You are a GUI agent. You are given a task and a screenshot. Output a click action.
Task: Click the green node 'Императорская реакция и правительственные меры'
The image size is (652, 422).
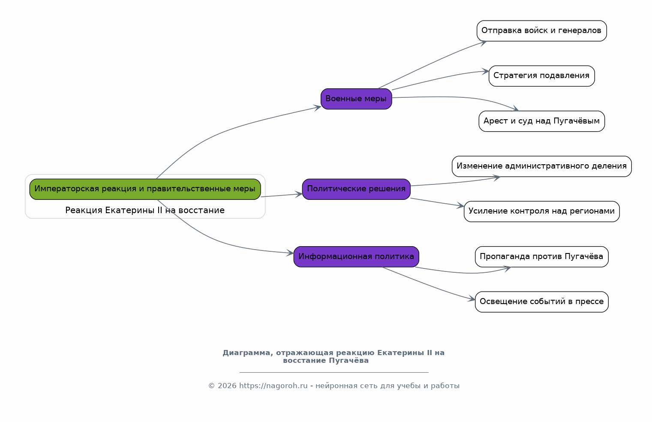(145, 189)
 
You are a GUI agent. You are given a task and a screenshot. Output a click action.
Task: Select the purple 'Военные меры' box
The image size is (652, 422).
(356, 99)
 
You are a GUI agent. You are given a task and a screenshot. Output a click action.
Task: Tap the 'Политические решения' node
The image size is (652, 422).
(356, 189)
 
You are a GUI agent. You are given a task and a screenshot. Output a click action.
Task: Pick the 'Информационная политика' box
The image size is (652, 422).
(356, 256)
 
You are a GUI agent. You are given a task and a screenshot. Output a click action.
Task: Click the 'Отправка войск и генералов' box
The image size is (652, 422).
(542, 31)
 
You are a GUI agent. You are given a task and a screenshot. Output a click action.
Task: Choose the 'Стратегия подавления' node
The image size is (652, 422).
(542, 76)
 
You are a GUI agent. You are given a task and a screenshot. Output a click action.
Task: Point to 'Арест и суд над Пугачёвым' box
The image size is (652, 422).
(542, 121)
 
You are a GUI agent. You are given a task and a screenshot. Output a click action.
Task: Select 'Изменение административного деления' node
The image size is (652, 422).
(542, 166)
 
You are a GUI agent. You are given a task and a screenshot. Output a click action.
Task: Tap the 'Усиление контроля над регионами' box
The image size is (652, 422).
(542, 211)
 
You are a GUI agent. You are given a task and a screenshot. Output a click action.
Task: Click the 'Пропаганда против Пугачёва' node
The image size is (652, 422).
(542, 256)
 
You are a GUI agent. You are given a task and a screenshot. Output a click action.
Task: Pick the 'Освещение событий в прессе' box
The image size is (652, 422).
(542, 302)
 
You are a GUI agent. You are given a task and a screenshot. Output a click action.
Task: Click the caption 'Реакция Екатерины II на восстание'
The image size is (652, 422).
(145, 210)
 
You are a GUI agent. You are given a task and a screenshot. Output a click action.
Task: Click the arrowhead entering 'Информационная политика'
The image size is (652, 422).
(290, 253)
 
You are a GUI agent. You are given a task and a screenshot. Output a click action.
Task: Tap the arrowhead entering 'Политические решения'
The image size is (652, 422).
(299, 194)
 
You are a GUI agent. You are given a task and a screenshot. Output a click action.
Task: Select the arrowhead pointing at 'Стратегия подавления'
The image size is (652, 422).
(486, 71)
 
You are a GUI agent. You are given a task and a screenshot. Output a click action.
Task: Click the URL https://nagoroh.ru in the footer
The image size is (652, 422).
(273, 386)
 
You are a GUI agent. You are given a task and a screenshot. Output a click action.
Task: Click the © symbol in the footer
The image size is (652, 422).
(212, 386)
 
